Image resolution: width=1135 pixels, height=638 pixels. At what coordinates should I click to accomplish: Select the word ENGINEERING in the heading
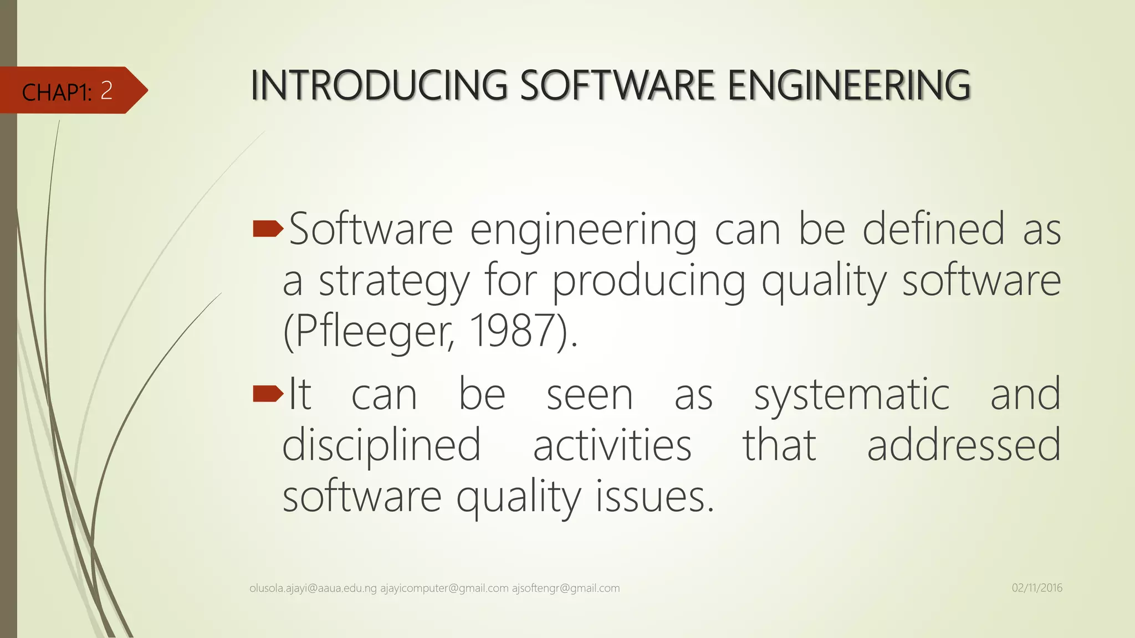tap(848, 86)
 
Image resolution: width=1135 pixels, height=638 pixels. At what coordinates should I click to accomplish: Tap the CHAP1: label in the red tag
tap(57, 92)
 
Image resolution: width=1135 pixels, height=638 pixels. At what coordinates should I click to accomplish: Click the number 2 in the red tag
tap(106, 90)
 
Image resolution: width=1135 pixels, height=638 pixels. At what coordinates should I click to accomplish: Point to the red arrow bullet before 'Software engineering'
tap(268, 228)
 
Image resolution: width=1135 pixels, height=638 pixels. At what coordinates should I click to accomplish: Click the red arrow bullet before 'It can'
tap(268, 394)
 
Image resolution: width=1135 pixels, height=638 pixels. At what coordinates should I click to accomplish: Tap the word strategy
tap(394, 282)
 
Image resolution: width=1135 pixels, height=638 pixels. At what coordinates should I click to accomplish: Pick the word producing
tap(649, 282)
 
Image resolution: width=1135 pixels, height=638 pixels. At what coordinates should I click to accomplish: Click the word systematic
tap(852, 395)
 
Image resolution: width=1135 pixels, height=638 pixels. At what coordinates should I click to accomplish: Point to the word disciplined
tap(381, 445)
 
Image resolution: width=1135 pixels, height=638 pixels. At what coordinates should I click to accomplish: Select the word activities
tap(612, 445)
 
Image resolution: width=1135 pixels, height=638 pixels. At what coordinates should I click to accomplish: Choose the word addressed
tap(964, 445)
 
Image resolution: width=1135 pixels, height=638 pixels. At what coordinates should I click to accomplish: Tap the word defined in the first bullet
tap(933, 229)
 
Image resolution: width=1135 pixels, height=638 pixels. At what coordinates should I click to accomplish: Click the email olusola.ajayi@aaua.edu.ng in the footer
tap(313, 588)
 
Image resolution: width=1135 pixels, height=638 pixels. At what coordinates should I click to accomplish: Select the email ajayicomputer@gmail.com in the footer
tap(444, 588)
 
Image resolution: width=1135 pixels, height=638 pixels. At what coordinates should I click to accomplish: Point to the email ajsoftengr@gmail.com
tap(565, 588)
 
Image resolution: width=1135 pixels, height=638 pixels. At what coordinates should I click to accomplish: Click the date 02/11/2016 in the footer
tap(1037, 588)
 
